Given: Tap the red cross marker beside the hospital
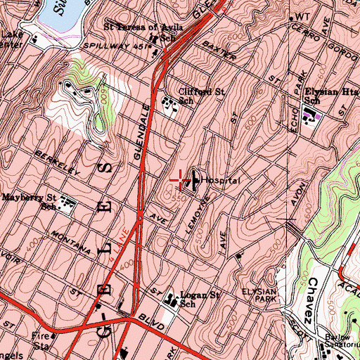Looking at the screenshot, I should [180, 180].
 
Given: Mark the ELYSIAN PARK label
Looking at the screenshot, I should [262, 296].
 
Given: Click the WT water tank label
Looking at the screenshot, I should [302, 16].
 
